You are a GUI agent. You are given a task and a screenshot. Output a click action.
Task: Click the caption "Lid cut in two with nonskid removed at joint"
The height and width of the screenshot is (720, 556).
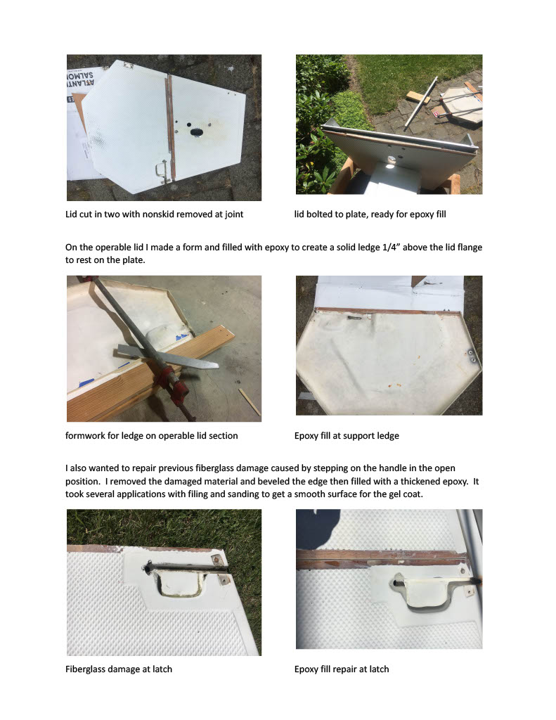pos(154,214)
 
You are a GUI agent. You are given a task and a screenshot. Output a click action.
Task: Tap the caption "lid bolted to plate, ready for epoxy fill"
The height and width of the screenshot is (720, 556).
pos(370,214)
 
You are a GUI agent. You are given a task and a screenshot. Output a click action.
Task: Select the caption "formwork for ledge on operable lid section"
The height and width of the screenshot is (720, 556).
pos(152,435)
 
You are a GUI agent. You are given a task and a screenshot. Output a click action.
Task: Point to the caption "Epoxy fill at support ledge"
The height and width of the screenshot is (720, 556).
pos(347,435)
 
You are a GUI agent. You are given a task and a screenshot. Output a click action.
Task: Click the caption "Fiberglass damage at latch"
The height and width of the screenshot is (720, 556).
pos(119,669)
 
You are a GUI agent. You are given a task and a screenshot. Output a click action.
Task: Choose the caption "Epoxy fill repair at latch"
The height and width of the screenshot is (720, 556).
pos(342,669)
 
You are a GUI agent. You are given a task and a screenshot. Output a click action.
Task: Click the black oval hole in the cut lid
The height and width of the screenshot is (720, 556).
pos(197,132)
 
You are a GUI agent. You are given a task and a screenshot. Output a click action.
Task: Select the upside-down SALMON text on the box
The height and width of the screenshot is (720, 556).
pos(81,75)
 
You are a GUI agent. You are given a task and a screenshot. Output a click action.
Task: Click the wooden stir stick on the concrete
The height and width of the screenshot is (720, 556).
pos(250,401)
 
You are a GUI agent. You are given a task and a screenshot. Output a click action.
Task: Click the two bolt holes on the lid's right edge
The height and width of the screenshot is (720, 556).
pos(472,356)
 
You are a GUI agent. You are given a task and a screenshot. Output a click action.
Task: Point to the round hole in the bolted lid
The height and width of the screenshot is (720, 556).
pos(392,159)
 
